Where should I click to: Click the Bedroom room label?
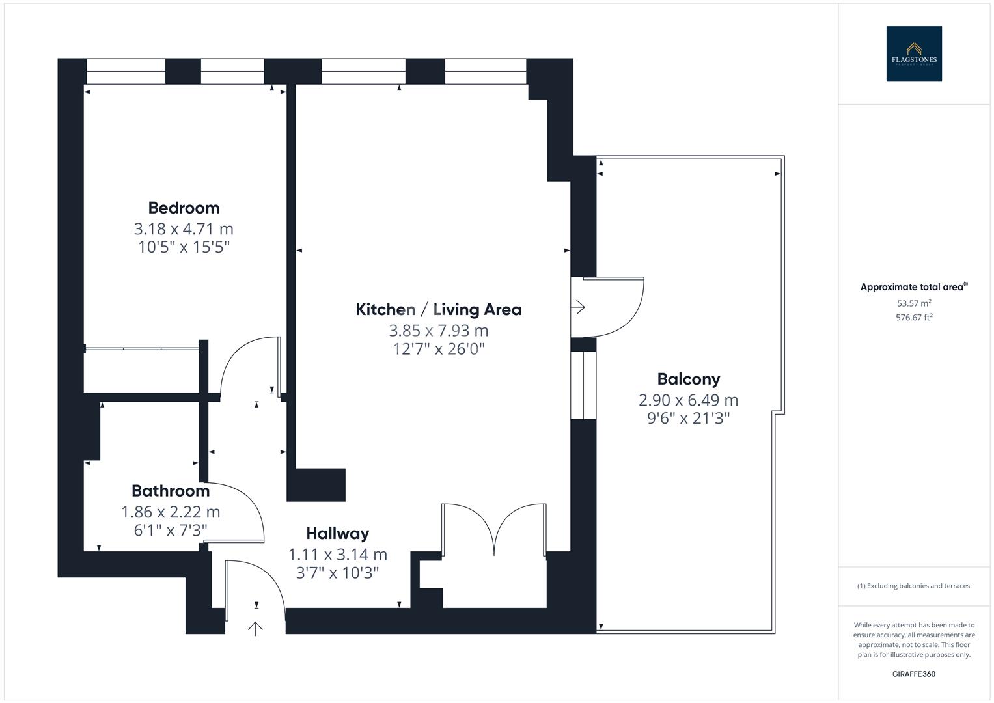coord(184,208)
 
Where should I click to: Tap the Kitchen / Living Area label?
coord(438,309)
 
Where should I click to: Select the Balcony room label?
coord(688,379)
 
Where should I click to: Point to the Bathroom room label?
coord(171,491)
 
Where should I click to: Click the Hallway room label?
coord(337,534)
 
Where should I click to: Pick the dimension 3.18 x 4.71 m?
coord(184,229)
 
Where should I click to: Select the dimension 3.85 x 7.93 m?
coord(438,331)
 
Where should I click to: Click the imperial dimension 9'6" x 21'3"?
coord(688,418)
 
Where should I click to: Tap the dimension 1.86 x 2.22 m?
coord(171,512)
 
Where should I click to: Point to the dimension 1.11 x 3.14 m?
coord(337,555)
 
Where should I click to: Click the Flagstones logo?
coord(913,54)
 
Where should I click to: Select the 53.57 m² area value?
coord(913,303)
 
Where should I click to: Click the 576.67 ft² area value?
coord(913,318)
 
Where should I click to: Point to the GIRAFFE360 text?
coord(913,674)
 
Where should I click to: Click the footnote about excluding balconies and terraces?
coord(913,586)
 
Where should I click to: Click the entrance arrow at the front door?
coord(256,628)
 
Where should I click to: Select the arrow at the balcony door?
coord(578,307)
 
